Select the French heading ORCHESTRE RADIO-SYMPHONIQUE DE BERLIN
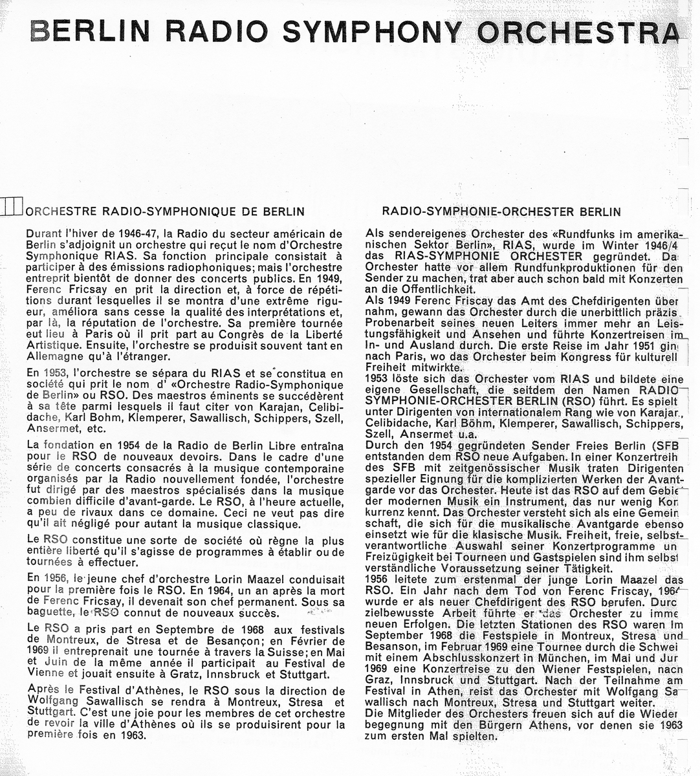(x=165, y=211)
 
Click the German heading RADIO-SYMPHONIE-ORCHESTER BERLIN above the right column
(x=501, y=211)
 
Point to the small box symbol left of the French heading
(x=12, y=207)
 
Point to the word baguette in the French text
(x=50, y=610)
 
